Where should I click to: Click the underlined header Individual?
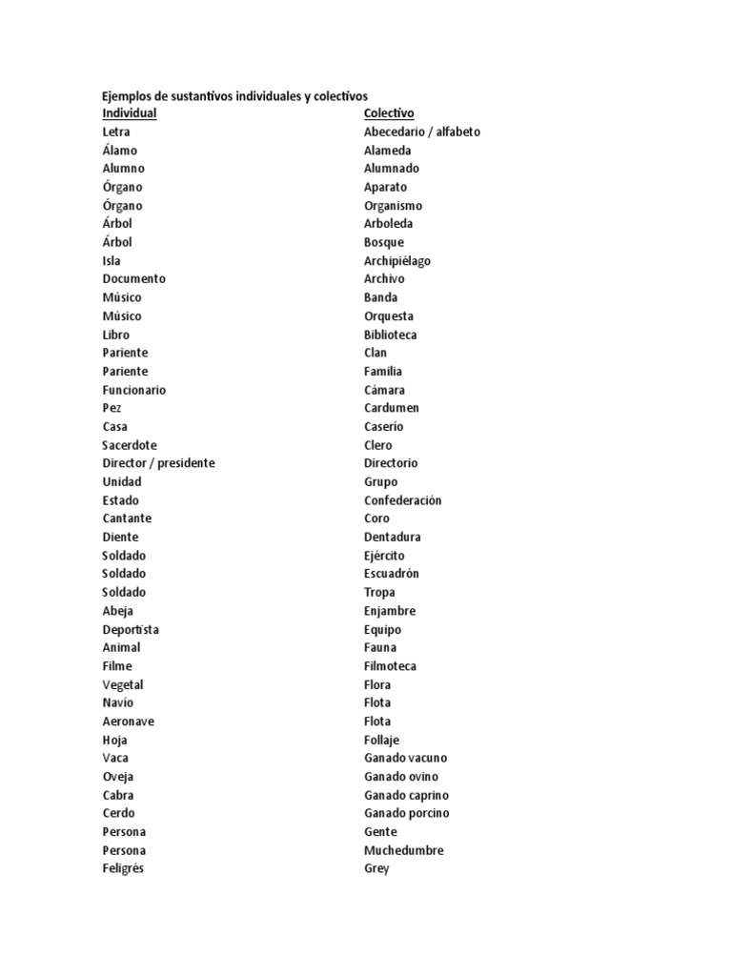[x=130, y=113]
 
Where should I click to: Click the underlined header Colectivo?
[x=389, y=113]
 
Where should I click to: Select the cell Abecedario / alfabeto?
[x=422, y=132]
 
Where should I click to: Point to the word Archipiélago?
[x=397, y=260]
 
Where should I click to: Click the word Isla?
[x=112, y=260]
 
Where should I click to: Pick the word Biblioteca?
[x=390, y=335]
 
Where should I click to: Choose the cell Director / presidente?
[x=158, y=463]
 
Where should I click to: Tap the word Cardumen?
[x=391, y=408]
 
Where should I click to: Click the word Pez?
[x=112, y=408]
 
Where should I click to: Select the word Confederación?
[x=402, y=500]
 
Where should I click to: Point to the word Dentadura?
[x=392, y=537]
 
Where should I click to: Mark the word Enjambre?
[x=390, y=611]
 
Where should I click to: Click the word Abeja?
[x=118, y=611]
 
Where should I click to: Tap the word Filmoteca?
[x=390, y=666]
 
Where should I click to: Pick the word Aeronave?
[x=128, y=722]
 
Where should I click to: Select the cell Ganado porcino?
[x=406, y=813]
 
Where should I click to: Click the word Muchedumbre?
[x=403, y=850]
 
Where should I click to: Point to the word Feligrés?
[x=123, y=868]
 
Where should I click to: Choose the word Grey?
[x=376, y=868]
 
